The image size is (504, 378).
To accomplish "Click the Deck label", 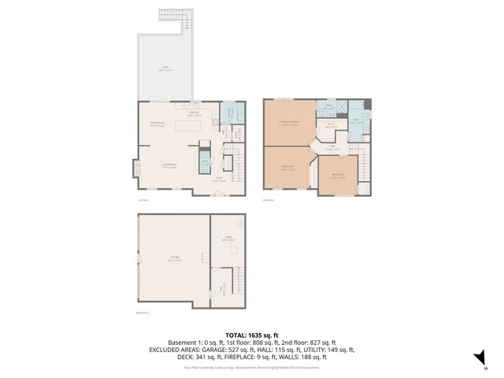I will (x=166, y=69).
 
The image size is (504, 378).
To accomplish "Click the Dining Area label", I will (x=157, y=124).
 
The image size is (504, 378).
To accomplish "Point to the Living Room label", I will (x=168, y=165).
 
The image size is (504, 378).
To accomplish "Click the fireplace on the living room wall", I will (x=133, y=167).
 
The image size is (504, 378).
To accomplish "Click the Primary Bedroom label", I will (x=288, y=123).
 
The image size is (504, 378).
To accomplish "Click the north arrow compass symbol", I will (x=476, y=359).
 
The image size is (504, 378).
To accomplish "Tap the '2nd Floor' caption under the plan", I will (x=269, y=200).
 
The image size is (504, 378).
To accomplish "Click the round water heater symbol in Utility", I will (x=240, y=223).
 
